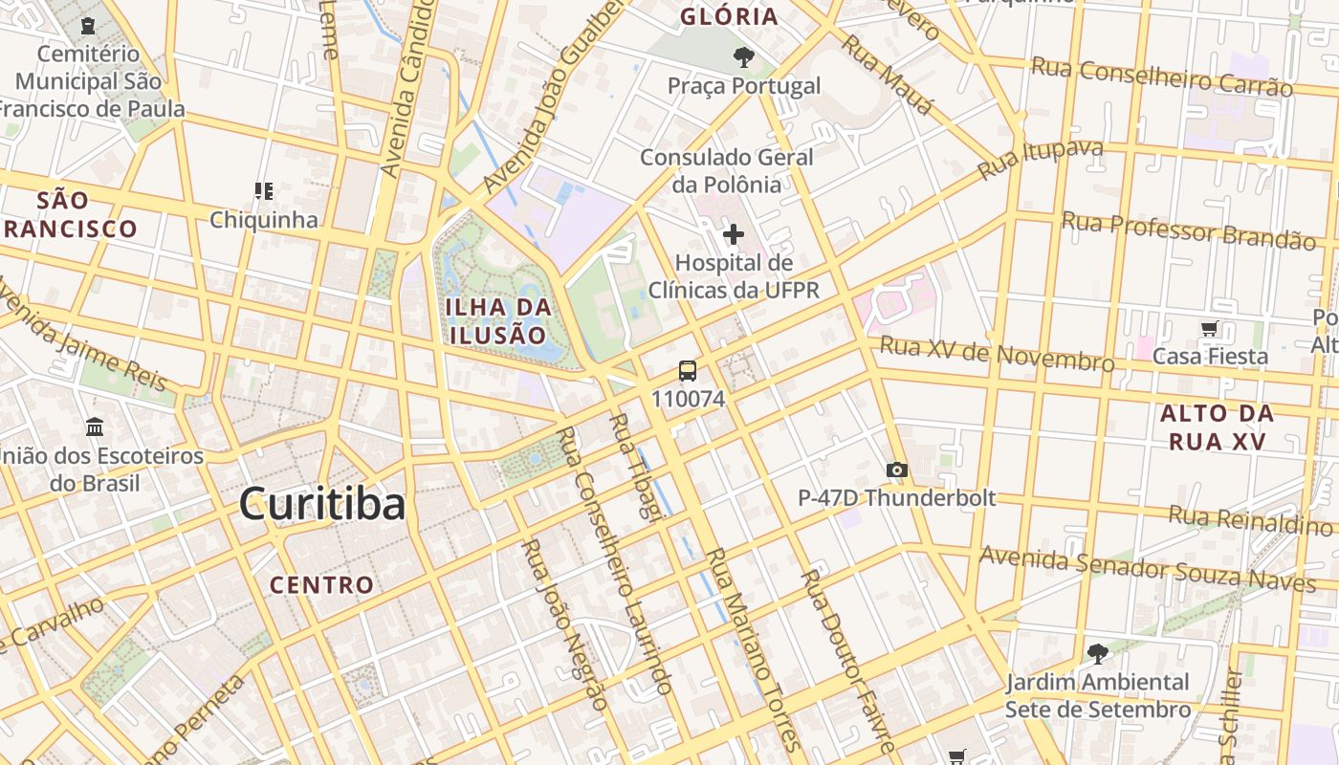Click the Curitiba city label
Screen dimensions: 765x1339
coord(322,503)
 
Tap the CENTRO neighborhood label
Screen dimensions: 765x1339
coord(321,584)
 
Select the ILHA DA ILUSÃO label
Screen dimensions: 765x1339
coord(498,321)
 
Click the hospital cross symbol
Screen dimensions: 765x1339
coord(734,234)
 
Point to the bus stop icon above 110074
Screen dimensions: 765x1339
coord(688,371)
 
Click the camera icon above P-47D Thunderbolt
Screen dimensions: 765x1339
coord(896,470)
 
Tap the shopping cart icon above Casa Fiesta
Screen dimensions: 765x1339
coord(1210,329)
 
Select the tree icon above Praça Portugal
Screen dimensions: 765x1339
coord(743,58)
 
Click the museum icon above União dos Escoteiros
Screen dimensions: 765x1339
coord(95,426)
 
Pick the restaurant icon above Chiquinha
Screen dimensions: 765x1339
coord(264,191)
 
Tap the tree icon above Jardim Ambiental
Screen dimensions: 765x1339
coord(1097,654)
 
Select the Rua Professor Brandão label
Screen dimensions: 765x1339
coord(1188,230)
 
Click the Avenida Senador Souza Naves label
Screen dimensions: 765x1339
coord(1147,568)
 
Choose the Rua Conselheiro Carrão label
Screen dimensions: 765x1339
coord(1161,76)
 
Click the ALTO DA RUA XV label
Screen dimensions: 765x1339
coord(1217,427)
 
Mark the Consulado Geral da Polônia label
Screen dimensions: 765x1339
coord(727,170)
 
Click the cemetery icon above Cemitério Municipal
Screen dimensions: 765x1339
coord(89,25)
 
